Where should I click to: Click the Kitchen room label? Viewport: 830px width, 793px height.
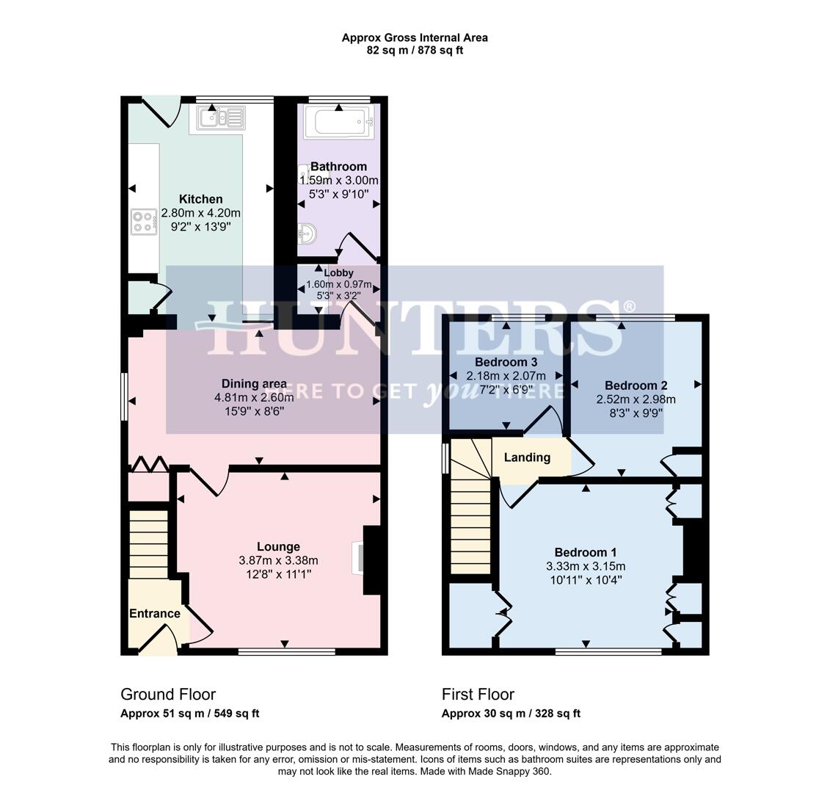click(200, 199)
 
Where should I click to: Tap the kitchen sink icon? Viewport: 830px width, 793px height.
click(220, 117)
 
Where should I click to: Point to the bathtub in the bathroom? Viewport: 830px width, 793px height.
click(338, 123)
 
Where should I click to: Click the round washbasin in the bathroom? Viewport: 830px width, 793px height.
click(308, 234)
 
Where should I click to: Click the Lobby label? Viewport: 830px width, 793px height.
click(338, 273)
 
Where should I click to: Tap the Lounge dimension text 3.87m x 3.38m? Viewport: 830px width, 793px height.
click(278, 560)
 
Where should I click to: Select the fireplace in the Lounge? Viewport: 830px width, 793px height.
click(371, 559)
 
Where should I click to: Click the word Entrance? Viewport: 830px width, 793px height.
click(154, 614)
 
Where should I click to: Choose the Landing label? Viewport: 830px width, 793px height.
click(527, 457)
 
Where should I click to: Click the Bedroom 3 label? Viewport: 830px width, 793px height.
click(506, 362)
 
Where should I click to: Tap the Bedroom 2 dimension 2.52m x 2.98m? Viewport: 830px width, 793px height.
click(636, 399)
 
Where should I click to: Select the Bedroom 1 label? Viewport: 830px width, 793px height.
click(585, 552)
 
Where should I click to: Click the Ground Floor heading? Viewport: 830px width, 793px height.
click(168, 694)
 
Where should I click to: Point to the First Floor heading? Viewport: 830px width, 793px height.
click(478, 694)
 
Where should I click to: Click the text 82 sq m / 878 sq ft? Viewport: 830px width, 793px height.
click(415, 51)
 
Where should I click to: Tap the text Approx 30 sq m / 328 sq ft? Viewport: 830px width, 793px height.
click(511, 713)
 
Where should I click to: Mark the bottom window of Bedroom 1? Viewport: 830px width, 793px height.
click(608, 651)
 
